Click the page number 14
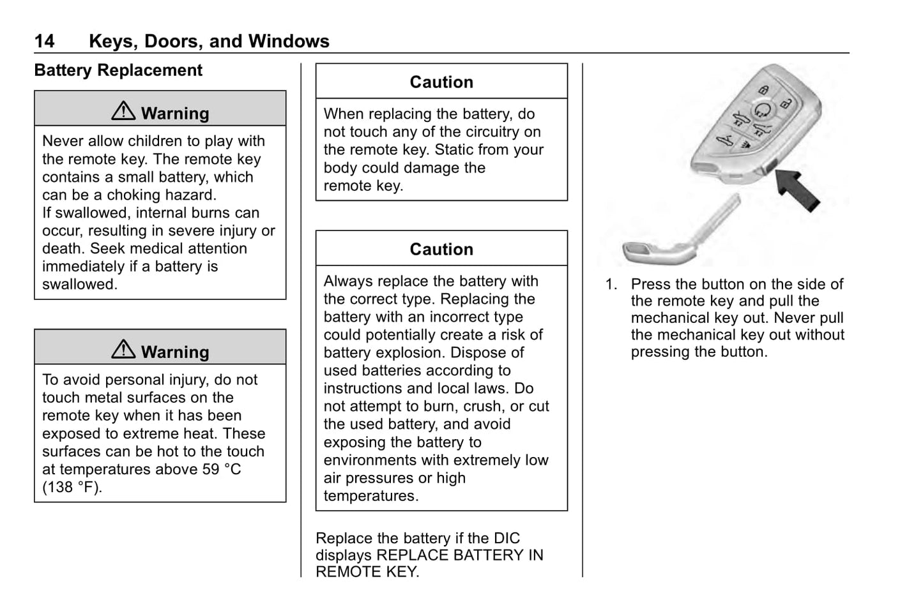pos(45,41)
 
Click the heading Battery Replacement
pos(118,70)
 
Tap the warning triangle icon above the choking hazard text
pos(123,110)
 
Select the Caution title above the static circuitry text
pos(441,82)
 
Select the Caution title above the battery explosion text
pos(441,250)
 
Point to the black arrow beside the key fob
pos(797,190)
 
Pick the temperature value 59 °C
pos(222,469)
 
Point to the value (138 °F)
pos(72,488)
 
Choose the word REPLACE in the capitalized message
pos(412,555)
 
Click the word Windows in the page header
pos(289,41)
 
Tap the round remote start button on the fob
pos(762,110)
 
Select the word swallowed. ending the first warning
pos(80,285)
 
